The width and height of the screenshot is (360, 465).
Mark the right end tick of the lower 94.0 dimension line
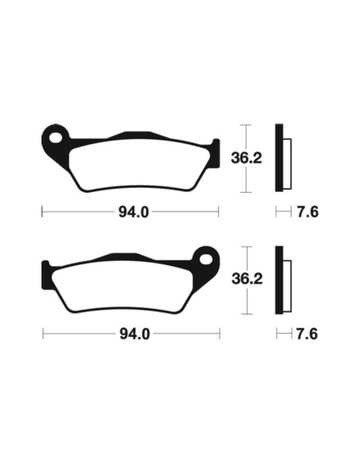tap(218, 334)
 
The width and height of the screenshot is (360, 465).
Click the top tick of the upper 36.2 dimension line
tap(247, 125)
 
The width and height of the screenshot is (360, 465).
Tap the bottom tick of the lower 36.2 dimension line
tap(247, 315)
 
